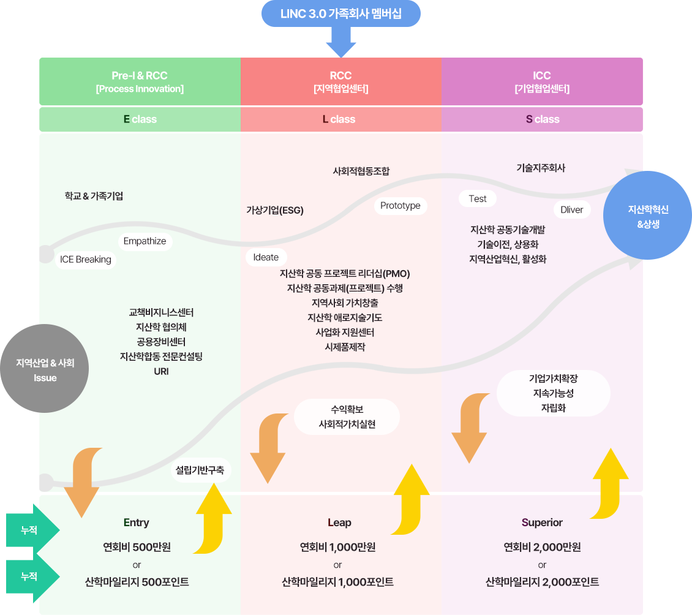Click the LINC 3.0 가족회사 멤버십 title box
341,13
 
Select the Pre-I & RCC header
140,81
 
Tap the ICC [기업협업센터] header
542,81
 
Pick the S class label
543,119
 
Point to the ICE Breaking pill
86,259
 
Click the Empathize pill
145,241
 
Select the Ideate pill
266,257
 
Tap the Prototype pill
401,206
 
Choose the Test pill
478,198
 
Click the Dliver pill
572,209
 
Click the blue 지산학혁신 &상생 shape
648,216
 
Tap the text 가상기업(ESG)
275,210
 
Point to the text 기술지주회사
541,168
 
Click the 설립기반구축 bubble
200,470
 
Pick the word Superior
542,523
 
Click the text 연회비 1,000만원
337,547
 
